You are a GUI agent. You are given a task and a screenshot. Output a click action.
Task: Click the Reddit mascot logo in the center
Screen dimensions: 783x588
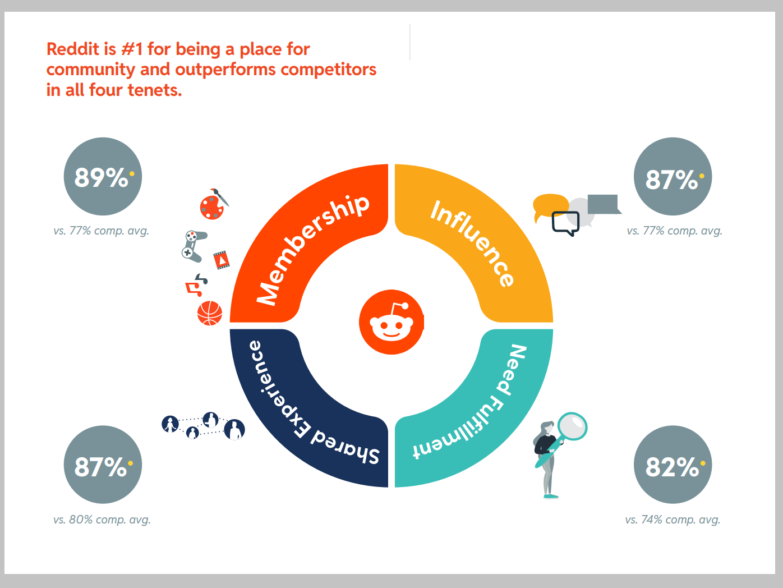point(391,322)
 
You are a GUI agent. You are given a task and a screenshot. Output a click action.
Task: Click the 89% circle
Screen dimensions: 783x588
point(103,177)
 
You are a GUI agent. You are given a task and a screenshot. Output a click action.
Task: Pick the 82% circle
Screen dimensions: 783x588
point(673,465)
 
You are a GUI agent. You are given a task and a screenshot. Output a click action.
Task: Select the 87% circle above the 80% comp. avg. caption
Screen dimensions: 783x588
point(103,465)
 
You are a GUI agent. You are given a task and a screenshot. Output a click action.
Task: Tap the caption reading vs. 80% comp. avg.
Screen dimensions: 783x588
point(102,520)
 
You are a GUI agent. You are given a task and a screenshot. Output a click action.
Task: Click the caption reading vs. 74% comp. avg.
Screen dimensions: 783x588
point(673,520)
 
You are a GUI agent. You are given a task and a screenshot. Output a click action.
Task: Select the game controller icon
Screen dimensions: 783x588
point(192,246)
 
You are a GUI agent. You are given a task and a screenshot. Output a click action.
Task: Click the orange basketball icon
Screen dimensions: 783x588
point(210,314)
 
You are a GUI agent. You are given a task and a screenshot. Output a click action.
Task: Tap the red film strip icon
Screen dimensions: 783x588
point(222,260)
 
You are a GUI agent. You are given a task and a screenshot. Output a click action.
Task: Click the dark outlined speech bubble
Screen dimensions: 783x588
point(565,223)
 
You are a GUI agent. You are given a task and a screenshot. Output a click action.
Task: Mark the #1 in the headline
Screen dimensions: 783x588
point(132,49)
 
